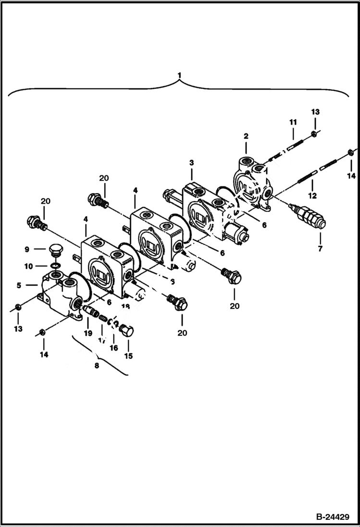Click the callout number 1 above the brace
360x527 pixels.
(179, 75)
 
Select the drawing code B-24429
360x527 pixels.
(332, 517)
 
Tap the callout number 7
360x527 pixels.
(320, 248)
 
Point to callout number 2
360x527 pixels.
(246, 136)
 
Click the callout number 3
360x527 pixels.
(191, 163)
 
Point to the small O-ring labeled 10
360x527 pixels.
(56, 266)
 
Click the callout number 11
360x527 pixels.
(292, 123)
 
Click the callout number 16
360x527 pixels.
(114, 347)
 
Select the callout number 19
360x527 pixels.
(87, 332)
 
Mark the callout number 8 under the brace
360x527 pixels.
(97, 366)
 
